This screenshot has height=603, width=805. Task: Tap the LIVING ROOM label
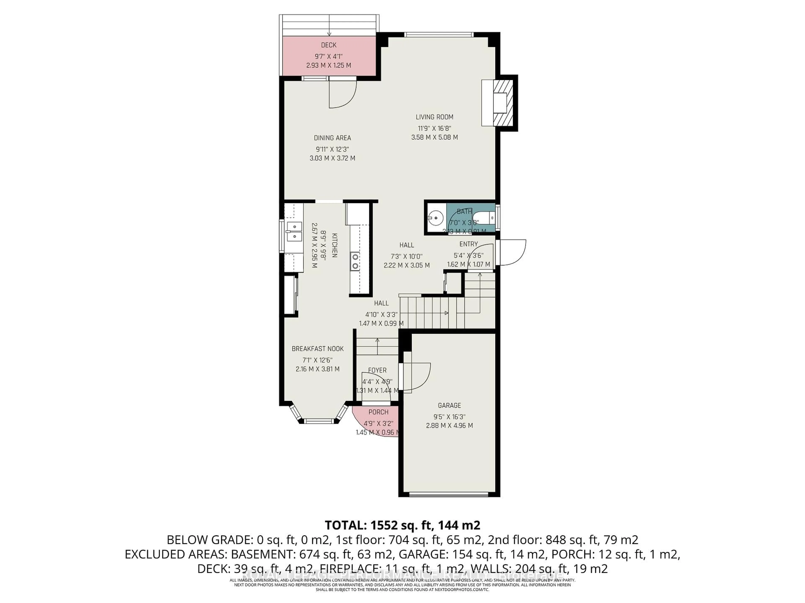(x=435, y=117)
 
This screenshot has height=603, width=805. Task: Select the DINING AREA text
(x=332, y=138)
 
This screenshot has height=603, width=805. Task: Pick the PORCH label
(x=378, y=412)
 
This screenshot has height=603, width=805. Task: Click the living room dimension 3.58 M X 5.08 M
(x=435, y=137)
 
